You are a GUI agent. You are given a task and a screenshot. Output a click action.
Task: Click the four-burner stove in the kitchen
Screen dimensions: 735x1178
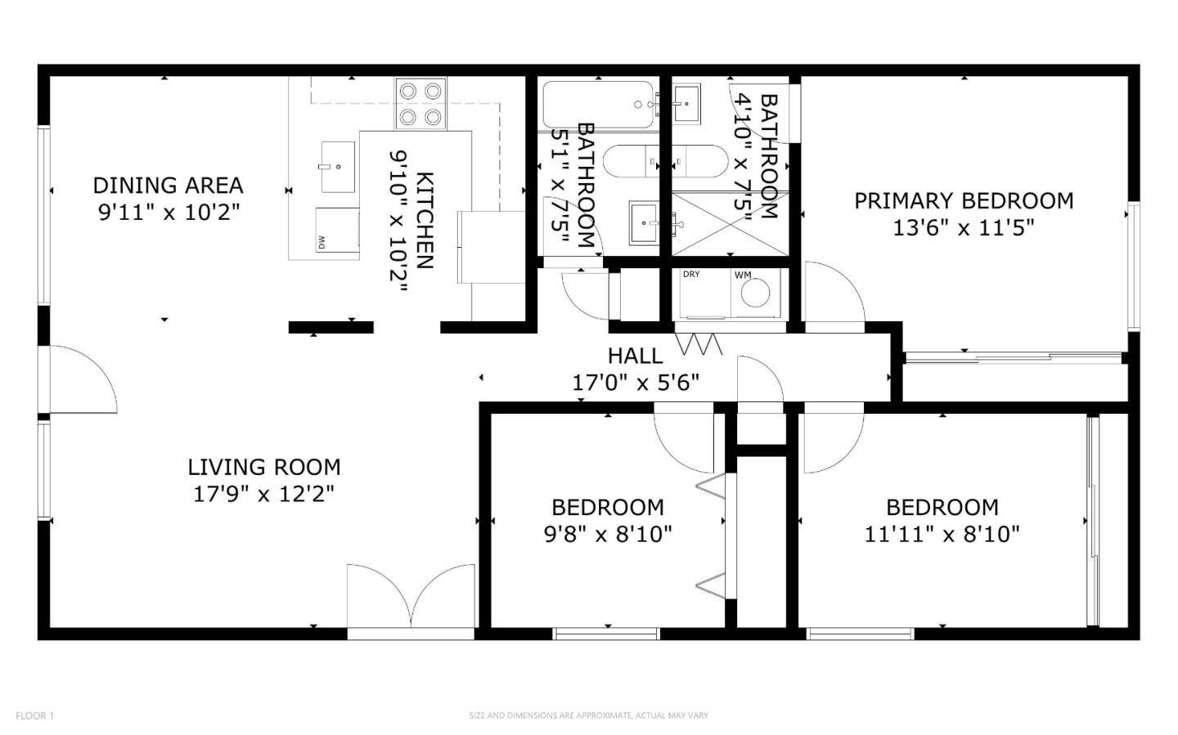[420, 104]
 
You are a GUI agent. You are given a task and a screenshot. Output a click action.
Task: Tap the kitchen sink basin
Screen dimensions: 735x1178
[337, 167]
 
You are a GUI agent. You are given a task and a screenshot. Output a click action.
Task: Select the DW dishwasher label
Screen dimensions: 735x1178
[321, 242]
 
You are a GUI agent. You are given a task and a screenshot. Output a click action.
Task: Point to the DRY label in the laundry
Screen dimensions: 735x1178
[691, 275]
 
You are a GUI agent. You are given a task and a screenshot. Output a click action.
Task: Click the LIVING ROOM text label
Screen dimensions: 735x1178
[264, 467]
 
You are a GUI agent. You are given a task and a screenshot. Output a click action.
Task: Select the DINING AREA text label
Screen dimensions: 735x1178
[168, 186]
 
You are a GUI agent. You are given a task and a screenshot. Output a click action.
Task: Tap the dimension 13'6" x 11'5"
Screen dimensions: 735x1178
[963, 227]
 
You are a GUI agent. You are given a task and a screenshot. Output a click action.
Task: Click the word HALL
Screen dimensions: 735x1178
[635, 356]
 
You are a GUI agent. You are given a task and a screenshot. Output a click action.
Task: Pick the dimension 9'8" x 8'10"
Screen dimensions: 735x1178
[608, 534]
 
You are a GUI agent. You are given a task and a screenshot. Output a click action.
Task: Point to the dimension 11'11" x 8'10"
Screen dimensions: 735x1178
[942, 534]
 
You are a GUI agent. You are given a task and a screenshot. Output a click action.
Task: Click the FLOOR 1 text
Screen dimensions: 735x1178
[34, 715]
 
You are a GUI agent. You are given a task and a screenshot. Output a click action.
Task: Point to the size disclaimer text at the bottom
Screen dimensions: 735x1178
[588, 715]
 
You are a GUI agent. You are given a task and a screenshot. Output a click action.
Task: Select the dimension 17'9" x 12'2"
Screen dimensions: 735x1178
[264, 494]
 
